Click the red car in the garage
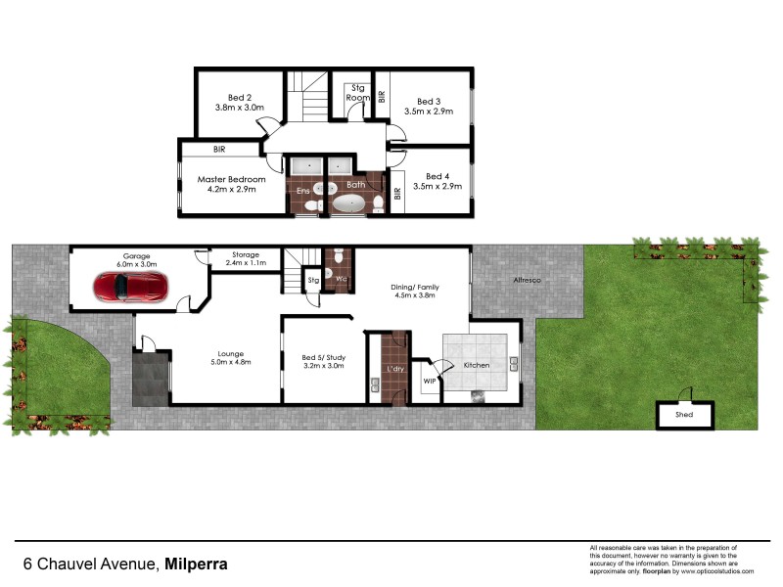131,287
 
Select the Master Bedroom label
232,179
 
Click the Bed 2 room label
241,98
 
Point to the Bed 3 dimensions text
429,112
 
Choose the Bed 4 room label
438,174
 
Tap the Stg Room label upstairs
359,93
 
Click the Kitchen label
478,365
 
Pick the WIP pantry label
429,381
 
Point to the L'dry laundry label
395,368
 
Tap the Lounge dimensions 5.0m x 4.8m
232,363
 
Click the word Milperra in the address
197,564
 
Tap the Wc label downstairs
342,278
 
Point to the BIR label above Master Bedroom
220,150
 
